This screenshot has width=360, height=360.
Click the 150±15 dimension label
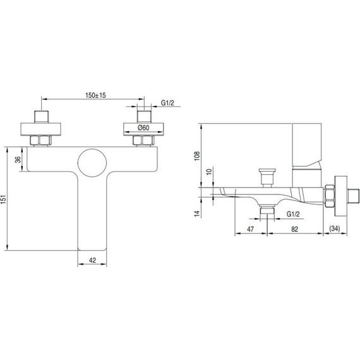coord(96,95)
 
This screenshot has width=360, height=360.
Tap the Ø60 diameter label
coord(143,128)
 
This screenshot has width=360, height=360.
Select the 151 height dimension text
coord(3,200)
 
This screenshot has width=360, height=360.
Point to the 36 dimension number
coord(18,159)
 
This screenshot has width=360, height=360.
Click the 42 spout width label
coord(92,260)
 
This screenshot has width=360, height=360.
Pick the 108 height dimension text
coord(197,156)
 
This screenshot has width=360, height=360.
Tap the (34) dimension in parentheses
coord(335,229)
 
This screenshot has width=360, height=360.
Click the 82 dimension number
coord(294,229)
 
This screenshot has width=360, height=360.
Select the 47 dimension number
coord(250,229)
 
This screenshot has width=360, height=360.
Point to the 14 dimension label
coord(197,213)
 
